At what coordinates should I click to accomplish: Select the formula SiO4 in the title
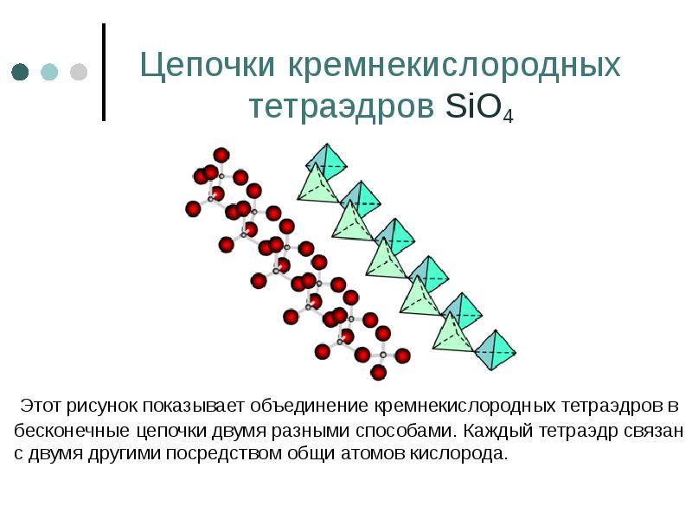(479, 107)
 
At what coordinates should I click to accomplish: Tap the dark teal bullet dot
(21, 72)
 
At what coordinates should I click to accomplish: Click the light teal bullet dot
(49, 72)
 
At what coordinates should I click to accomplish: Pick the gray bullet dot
(79, 72)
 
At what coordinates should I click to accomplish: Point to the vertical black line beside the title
(105, 72)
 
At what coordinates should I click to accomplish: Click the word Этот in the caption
(42, 405)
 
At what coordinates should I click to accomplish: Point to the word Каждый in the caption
(495, 430)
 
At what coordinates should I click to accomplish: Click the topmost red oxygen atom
(221, 156)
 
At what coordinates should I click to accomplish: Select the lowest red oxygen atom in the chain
(378, 373)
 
